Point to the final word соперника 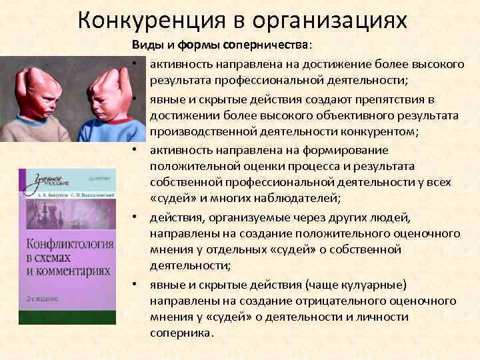pos(180,334)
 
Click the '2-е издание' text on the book pos(41,297)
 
